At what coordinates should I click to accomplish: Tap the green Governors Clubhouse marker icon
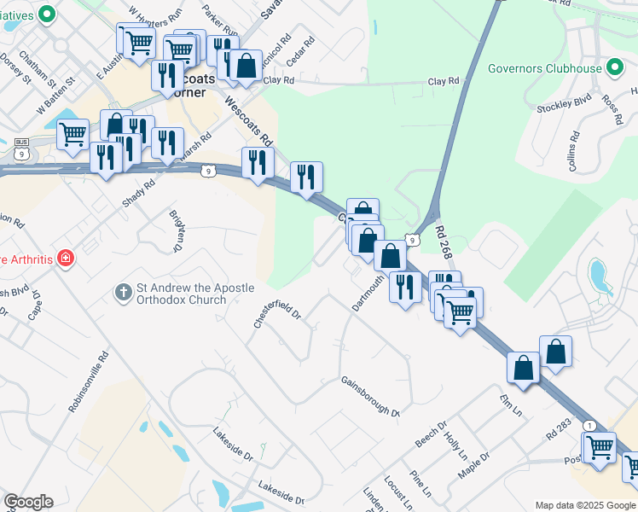(613, 68)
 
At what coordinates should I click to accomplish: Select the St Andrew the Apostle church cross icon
(124, 293)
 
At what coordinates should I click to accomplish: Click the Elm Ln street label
(511, 403)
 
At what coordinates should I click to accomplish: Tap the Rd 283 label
(559, 429)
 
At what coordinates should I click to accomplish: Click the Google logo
(28, 502)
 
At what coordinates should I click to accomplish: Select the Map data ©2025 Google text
(584, 505)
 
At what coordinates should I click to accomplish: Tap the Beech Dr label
(431, 436)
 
